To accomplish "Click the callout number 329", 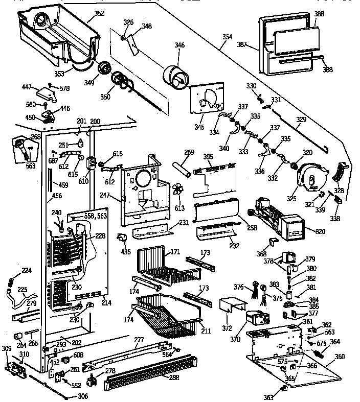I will (x=301, y=120).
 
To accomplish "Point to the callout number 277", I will (x=139, y=340).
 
